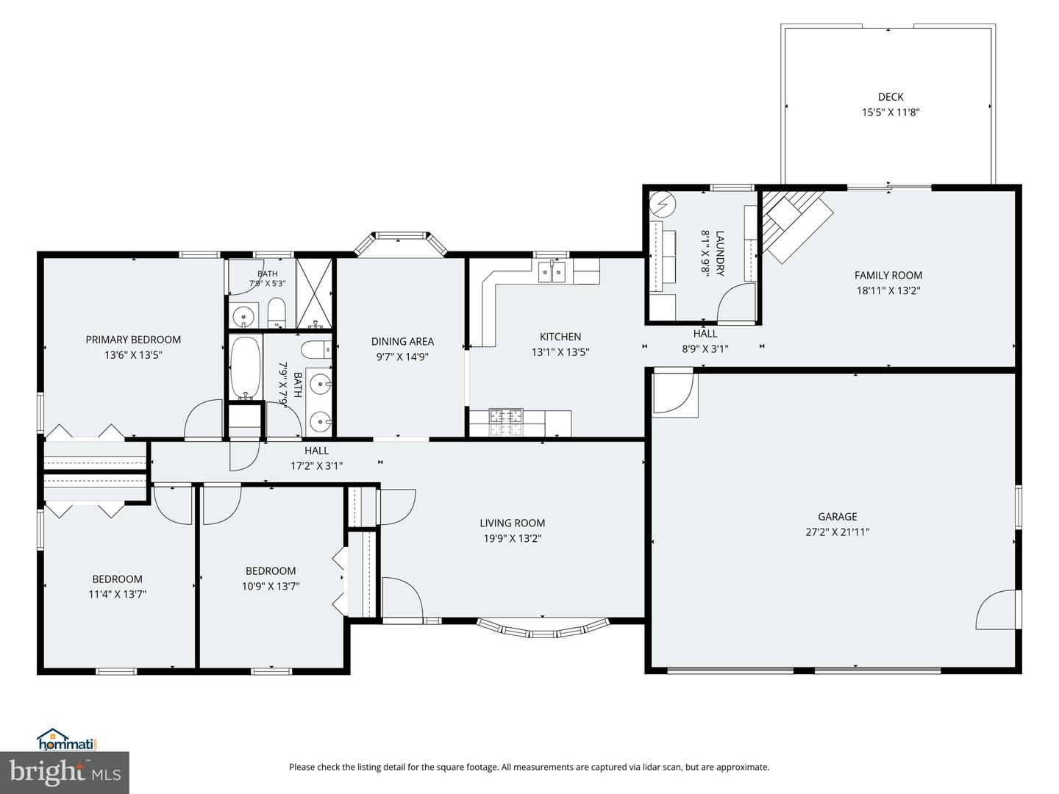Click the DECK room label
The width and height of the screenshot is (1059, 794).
coord(891,97)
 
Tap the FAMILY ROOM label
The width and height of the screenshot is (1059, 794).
coord(888,275)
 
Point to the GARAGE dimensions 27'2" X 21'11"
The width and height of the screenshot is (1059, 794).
coord(838,532)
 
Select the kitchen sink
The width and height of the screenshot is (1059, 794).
coord(552,272)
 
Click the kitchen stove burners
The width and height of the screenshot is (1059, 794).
coord(506,422)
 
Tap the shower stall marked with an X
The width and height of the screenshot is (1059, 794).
coord(314,293)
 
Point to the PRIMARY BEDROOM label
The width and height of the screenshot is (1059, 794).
coord(133,340)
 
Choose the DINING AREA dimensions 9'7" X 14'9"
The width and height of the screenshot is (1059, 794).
coord(402,357)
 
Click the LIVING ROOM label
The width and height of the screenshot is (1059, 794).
coord(513,523)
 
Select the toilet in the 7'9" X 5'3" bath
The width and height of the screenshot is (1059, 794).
coord(277,312)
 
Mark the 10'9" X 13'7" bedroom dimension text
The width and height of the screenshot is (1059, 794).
coord(271,587)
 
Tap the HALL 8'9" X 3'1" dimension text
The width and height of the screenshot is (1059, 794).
coord(705,349)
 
